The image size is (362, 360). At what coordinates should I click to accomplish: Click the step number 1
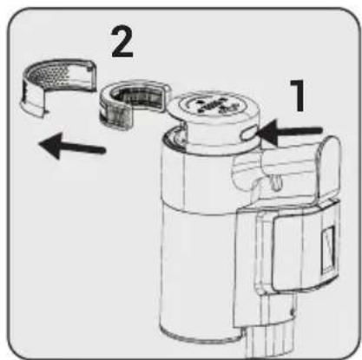pyautogui.click(x=299, y=95)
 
